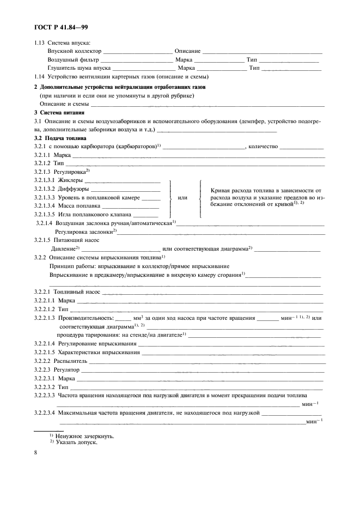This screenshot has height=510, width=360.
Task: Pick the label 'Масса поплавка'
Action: [x=80, y=206]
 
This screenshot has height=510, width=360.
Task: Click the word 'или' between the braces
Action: [x=183, y=197]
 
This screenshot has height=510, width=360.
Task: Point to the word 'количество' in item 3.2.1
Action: [x=263, y=147]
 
